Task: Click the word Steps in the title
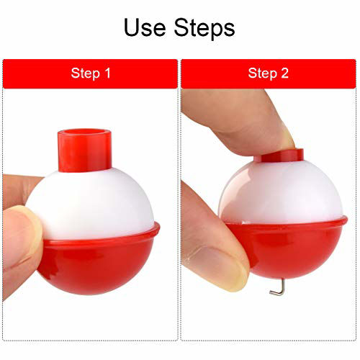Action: [203, 27]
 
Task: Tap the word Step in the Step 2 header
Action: [261, 73]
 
